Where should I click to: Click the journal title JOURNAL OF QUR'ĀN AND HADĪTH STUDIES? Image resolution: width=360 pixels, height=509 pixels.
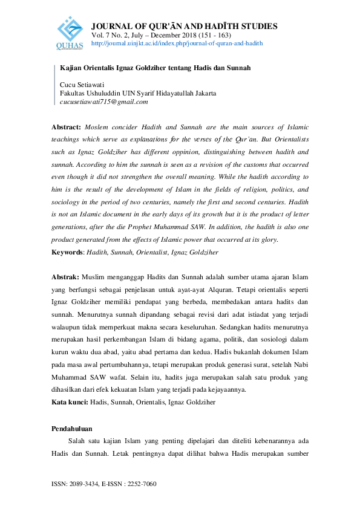click(184, 26)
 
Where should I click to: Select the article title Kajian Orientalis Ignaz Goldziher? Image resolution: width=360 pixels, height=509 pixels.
click(155, 69)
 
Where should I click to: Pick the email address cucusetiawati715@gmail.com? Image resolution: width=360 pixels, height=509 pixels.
click(104, 102)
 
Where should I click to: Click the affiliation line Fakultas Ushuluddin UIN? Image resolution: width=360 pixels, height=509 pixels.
click(138, 93)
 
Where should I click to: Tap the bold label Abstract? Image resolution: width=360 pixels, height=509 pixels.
click(66, 128)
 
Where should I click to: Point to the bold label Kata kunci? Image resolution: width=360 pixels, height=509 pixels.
click(70, 401)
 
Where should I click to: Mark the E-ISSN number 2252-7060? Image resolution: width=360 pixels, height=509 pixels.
click(140, 484)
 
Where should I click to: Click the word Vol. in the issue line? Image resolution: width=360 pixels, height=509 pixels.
click(97, 36)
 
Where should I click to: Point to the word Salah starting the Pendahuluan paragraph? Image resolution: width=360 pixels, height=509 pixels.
click(78, 441)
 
